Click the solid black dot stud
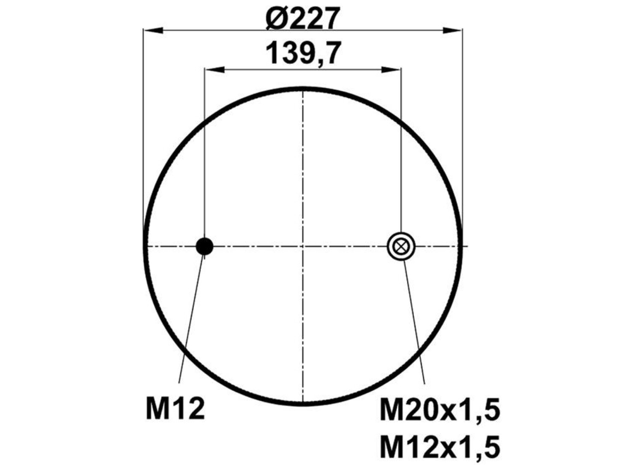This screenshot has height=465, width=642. point(205,246)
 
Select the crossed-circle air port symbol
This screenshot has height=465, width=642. point(401,246)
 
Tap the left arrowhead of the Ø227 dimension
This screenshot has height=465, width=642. point(153,30)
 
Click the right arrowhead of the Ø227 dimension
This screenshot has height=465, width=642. point(452,30)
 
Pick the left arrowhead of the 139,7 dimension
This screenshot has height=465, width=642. point(215,69)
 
